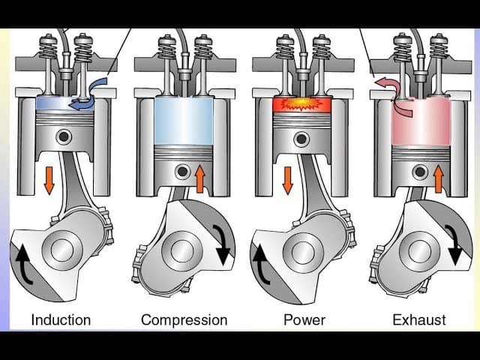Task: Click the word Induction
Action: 61,320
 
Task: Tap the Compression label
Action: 184,320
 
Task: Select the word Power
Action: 304,320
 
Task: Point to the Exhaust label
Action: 418,320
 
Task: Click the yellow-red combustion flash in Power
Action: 304,103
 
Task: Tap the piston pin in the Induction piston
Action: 66,136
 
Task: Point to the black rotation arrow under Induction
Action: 22,264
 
